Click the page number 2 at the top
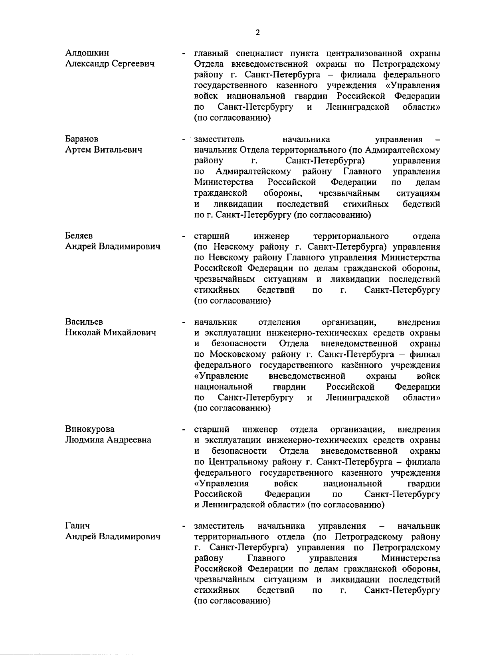(257, 33)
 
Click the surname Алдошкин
(87, 53)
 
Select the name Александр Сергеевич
(110, 64)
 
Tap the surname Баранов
(82, 139)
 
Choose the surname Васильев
(84, 322)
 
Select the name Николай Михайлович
(111, 333)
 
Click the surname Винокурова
(90, 429)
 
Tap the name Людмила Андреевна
(108, 440)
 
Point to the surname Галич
(77, 526)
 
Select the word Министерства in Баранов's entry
(224, 183)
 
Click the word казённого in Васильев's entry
(362, 365)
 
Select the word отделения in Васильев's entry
(279, 322)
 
